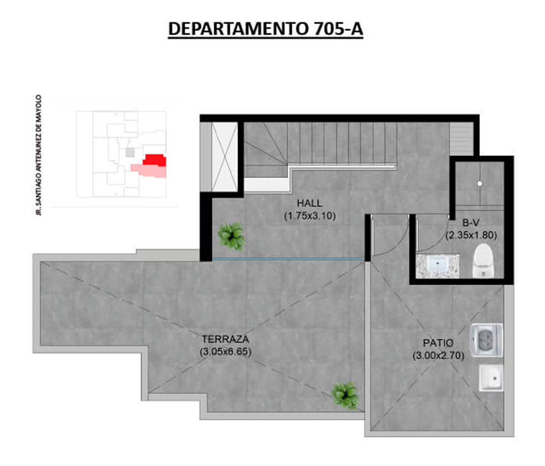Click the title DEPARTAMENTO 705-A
click(265, 29)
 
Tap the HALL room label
click(309, 203)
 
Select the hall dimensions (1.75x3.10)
click(310, 216)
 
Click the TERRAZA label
click(225, 339)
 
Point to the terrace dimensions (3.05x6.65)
click(225, 352)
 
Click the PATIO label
click(438, 343)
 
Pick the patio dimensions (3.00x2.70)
click(438, 356)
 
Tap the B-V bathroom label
click(471, 223)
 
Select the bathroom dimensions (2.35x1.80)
click(471, 235)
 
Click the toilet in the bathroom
click(483, 261)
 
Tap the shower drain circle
click(480, 183)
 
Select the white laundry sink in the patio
click(491, 378)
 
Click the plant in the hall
click(231, 236)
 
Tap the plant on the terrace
click(345, 395)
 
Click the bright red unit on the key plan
click(155, 160)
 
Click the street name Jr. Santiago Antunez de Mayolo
click(38, 155)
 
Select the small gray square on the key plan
click(130, 153)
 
